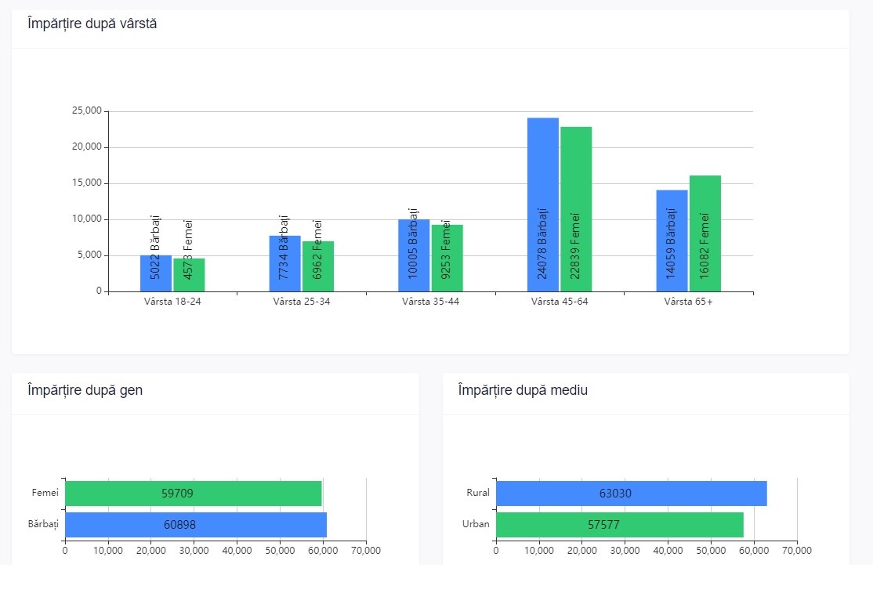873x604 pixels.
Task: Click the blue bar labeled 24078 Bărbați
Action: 543,205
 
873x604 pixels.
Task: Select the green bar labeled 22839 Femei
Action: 576,209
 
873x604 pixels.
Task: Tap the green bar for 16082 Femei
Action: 705,233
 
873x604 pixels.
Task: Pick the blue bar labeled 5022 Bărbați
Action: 156,273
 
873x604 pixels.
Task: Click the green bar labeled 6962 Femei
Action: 318,266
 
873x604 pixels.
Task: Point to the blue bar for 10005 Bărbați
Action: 414,255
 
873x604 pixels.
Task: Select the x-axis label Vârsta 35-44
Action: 430,302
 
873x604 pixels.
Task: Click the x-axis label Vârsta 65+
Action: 688,302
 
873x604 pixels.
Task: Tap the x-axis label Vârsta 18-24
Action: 172,302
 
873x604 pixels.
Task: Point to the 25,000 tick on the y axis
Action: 87,110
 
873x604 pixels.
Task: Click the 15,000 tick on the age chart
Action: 87,183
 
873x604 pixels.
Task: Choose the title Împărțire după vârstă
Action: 92,24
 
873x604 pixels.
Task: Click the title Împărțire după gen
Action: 85,390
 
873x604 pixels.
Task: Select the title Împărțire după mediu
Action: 523,390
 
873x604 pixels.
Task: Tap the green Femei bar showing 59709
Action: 194,494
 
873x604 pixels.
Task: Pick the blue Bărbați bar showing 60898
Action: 196,525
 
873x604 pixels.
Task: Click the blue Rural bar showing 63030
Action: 632,494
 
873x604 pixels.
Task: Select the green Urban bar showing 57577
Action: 620,525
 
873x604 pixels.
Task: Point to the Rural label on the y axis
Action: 478,493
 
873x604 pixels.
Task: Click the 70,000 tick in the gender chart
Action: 366,551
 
